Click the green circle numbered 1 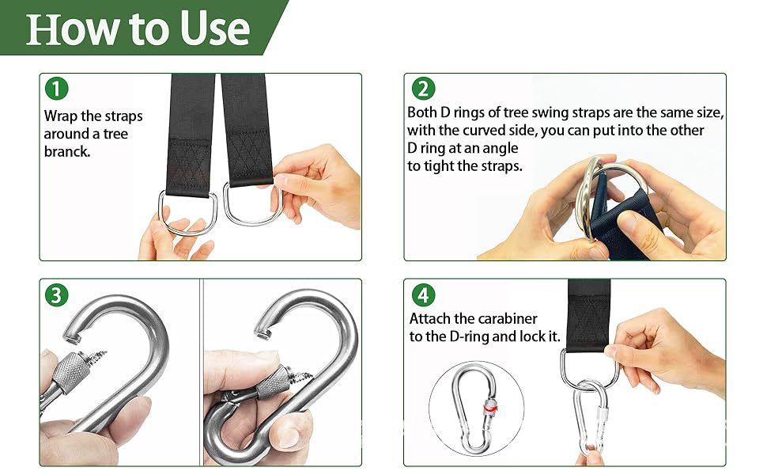(x=57, y=89)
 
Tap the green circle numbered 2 (x=423, y=89)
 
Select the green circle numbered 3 (x=57, y=295)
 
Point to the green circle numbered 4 (x=423, y=295)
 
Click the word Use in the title (x=215, y=28)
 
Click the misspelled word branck (x=67, y=151)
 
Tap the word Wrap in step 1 (x=61, y=116)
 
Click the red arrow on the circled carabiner (x=490, y=407)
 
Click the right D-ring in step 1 (x=253, y=205)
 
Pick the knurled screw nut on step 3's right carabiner (x=273, y=382)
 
